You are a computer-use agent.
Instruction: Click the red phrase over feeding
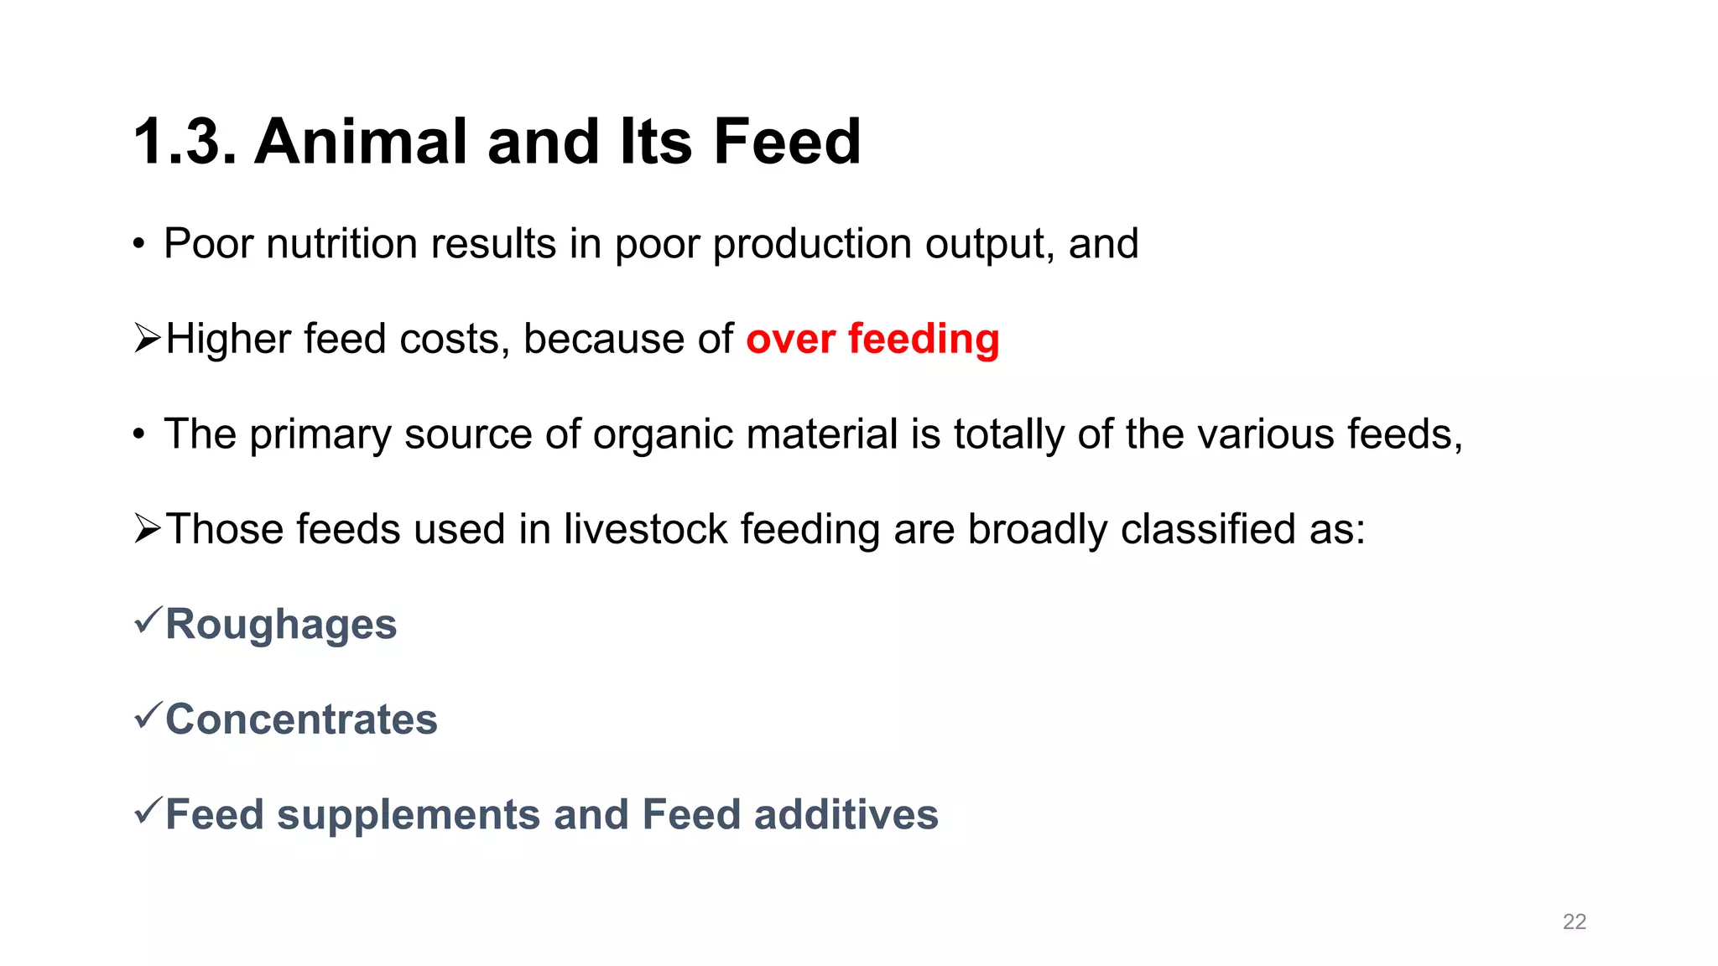click(x=872, y=340)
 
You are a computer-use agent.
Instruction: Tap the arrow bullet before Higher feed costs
click(x=147, y=339)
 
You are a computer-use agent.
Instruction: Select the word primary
click(x=320, y=435)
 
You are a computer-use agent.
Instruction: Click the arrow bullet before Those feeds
click(x=147, y=529)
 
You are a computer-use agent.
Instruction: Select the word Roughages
click(x=281, y=625)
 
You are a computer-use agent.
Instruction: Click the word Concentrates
click(x=301, y=719)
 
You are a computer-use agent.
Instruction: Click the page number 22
click(x=1575, y=922)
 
